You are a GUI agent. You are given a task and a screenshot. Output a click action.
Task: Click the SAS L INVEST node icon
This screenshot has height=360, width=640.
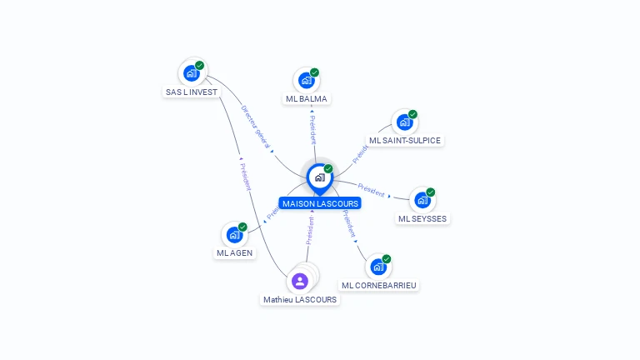tap(192, 73)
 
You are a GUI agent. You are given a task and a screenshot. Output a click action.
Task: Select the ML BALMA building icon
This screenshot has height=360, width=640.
tap(307, 81)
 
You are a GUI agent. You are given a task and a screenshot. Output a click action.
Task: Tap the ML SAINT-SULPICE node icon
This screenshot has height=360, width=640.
tap(405, 122)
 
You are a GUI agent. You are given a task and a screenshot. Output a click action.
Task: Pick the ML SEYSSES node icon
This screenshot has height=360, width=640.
tap(422, 200)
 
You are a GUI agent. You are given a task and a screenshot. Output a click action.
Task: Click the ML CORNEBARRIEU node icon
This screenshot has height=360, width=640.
tap(378, 267)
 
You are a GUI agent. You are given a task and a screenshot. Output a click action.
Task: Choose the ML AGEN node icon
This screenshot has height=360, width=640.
tap(234, 235)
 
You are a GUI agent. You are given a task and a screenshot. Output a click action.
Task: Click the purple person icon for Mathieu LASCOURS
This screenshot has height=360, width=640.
tap(300, 281)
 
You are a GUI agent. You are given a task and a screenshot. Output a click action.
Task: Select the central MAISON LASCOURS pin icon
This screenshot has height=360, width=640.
tap(319, 177)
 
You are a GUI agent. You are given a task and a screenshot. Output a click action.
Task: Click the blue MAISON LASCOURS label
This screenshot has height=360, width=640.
tap(320, 203)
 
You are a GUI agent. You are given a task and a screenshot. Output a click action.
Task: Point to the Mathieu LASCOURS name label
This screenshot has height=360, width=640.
tap(300, 299)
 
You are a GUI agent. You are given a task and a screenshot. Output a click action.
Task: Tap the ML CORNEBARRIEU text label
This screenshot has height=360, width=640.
tap(379, 285)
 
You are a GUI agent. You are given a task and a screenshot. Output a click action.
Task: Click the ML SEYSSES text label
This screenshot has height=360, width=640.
tap(422, 218)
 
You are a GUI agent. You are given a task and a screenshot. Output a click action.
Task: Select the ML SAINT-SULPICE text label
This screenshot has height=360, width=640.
tap(405, 140)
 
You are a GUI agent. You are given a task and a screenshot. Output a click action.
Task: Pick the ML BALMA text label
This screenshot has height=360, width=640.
tap(307, 98)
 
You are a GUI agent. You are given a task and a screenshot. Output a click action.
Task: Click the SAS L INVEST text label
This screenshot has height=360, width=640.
tap(192, 92)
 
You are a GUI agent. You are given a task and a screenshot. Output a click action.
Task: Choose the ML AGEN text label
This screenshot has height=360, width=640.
tap(234, 252)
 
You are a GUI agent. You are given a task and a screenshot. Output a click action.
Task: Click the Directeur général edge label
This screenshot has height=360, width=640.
tap(256, 127)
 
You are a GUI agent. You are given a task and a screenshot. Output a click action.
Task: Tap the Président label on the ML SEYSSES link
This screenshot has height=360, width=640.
tap(371, 190)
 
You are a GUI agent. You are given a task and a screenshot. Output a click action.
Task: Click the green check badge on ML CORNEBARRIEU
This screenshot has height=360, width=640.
tap(387, 259)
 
